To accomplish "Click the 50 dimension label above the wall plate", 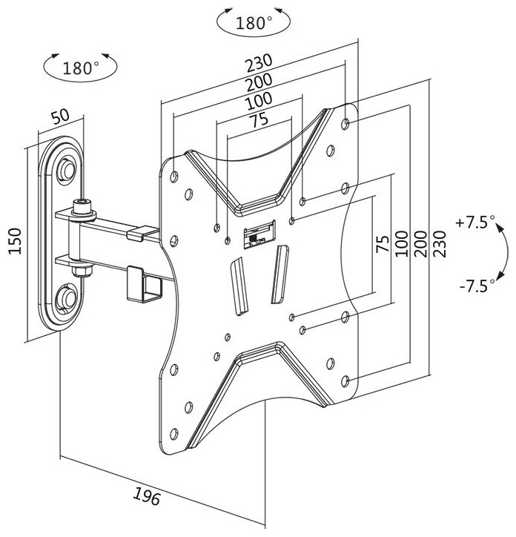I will [x=60, y=117].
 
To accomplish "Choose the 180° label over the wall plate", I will [x=81, y=68].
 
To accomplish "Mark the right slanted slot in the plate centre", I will [x=278, y=273].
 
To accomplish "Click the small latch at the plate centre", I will [x=257, y=234].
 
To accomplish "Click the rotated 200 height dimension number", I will [x=420, y=245].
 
